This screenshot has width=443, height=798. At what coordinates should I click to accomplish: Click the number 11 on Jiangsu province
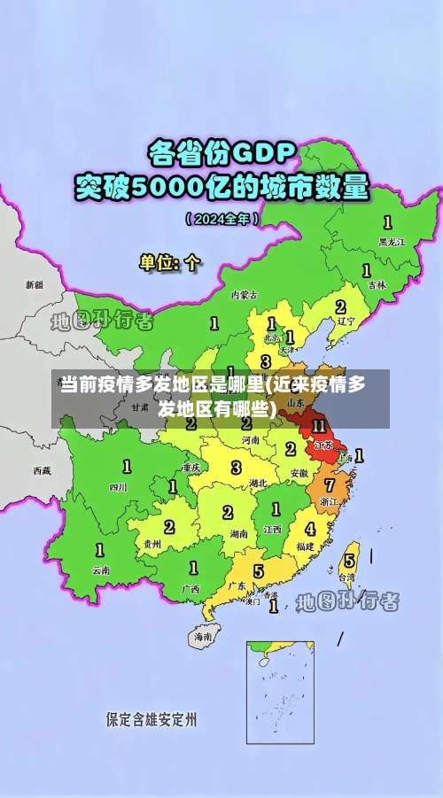click(x=318, y=426)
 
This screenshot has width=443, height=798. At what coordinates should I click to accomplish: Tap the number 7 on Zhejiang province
click(x=330, y=485)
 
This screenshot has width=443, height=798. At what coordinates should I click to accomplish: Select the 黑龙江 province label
click(x=391, y=241)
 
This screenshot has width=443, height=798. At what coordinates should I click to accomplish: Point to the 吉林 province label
click(x=377, y=285)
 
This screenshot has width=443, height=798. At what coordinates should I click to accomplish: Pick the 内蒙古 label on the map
click(x=245, y=294)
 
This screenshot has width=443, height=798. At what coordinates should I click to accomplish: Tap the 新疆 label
click(x=35, y=285)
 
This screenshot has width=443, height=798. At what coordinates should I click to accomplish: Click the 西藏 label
click(x=43, y=470)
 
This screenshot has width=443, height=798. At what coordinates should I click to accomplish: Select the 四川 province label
click(x=118, y=487)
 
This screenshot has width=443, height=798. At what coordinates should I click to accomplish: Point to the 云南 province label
click(x=100, y=571)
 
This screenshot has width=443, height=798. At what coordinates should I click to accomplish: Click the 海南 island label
click(x=203, y=637)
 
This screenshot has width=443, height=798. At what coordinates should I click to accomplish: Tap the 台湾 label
click(x=347, y=577)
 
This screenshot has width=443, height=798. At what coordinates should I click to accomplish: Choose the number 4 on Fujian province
click(x=309, y=529)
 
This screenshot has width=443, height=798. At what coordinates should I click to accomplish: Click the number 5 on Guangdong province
click(x=258, y=571)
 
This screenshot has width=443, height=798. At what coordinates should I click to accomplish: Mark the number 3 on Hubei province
click(x=236, y=467)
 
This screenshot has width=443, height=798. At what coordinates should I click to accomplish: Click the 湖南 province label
click(x=237, y=534)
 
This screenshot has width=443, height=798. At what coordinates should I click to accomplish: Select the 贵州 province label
click(x=152, y=544)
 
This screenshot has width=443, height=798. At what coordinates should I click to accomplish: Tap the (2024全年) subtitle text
click(x=221, y=217)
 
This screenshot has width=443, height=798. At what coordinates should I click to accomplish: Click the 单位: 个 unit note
click(x=170, y=262)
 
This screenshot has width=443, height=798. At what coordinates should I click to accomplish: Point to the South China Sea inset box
click(x=280, y=692)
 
